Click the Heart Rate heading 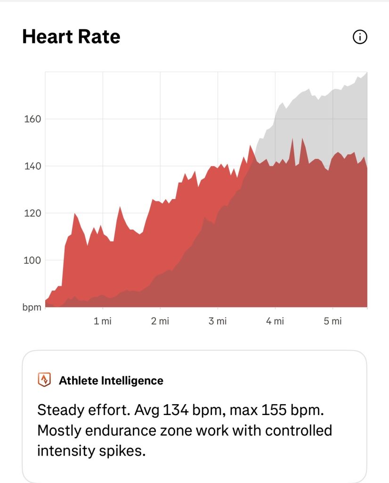[71, 37]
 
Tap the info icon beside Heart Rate [359, 37]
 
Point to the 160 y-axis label [32, 119]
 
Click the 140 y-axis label [32, 166]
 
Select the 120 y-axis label [32, 213]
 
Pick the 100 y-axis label [32, 260]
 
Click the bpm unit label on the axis [32, 307]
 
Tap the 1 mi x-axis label [102, 321]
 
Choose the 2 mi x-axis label [160, 321]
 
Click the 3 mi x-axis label [218, 321]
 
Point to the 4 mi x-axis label [275, 321]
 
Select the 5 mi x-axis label [332, 321]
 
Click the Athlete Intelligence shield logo [44, 380]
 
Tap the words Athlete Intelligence [111, 381]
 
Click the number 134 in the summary [175, 410]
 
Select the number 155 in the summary [274, 410]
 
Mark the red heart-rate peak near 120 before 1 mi [74, 214]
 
